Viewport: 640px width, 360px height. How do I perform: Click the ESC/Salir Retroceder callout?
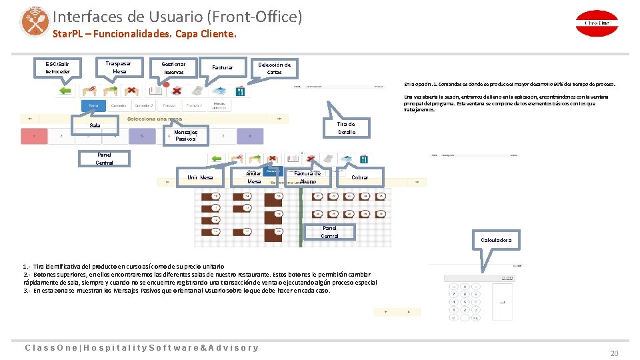57,68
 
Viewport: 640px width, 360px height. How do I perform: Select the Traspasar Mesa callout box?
119,67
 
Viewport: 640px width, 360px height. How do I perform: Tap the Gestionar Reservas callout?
174,68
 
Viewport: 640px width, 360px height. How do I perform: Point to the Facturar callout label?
222,67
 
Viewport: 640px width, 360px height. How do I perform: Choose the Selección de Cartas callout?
274,68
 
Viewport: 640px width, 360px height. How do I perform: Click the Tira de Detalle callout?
346,128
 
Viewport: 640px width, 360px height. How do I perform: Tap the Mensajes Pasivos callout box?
185,135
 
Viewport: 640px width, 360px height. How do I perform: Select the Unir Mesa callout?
200,177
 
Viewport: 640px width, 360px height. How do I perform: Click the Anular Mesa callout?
254,177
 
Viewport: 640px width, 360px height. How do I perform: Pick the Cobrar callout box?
359,177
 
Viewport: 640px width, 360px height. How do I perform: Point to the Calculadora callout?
496,239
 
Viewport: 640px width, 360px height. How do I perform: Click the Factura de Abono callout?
307,177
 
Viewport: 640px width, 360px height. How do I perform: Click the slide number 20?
614,353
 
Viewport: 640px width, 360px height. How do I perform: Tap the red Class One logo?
597,22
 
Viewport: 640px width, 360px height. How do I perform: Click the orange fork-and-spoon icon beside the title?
34,21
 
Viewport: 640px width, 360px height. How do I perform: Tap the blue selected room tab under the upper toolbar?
93,105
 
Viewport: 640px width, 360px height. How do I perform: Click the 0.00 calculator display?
507,278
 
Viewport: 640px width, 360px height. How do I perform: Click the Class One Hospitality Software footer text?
141,347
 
